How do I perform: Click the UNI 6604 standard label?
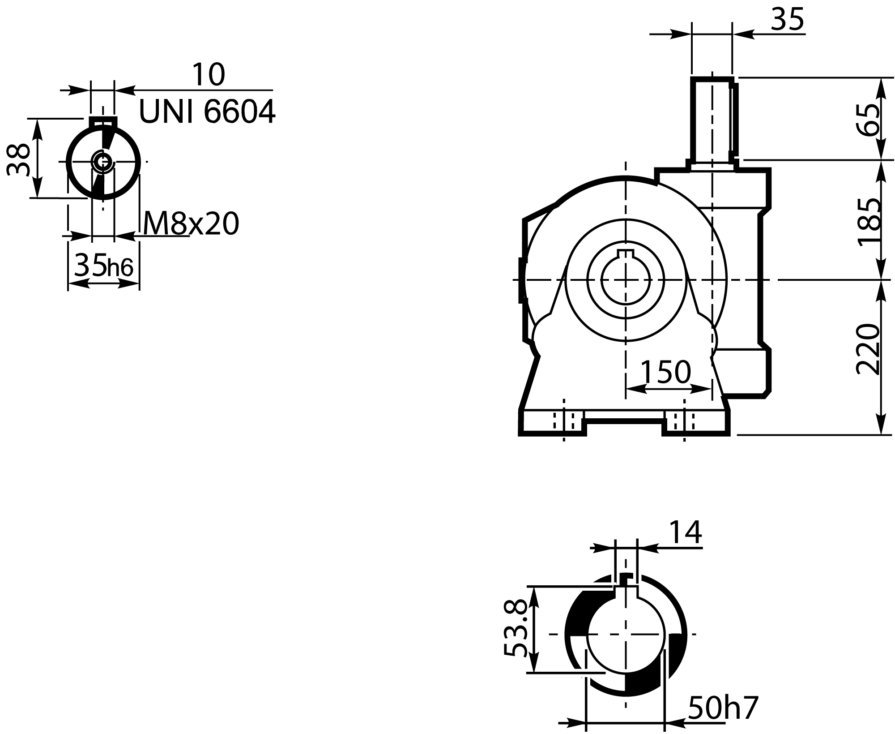207,112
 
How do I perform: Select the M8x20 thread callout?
191,224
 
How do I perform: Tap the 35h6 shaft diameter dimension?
104,266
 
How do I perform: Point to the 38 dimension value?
19,160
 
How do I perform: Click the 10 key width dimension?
208,75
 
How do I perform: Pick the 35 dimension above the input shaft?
788,20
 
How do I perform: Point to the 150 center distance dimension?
666,372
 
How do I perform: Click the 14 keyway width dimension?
685,533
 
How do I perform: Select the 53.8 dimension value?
515,629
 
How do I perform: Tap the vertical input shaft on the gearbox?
712,121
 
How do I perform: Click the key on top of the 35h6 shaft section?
103,122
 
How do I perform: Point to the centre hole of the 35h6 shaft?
103,161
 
